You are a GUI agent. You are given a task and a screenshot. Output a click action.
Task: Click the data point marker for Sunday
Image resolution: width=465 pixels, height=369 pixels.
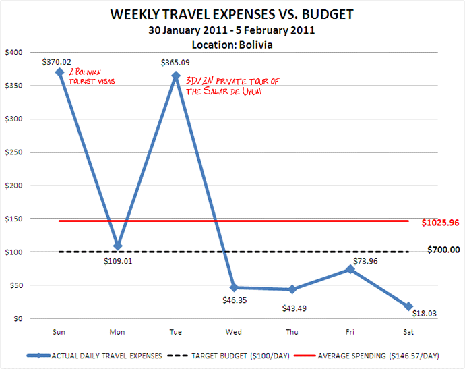pos(59,72)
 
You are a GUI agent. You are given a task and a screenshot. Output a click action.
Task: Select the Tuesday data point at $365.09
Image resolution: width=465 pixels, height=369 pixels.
pos(176,76)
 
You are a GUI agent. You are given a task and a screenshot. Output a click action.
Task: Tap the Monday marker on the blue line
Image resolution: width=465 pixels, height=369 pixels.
pos(118,246)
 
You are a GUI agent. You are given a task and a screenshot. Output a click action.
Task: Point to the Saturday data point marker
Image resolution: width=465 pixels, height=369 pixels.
pos(408,306)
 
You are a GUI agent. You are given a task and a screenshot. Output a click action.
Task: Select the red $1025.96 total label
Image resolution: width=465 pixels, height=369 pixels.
pos(441,222)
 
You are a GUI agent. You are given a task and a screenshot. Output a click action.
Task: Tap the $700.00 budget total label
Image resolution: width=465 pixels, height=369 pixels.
pos(443,250)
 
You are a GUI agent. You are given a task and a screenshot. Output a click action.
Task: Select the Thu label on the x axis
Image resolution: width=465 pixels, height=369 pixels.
pos(292,332)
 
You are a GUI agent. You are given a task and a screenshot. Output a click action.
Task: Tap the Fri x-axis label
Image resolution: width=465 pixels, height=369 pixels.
pos(350,332)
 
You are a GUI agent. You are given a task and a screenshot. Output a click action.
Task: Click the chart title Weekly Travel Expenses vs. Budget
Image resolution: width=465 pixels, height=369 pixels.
pos(232,15)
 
